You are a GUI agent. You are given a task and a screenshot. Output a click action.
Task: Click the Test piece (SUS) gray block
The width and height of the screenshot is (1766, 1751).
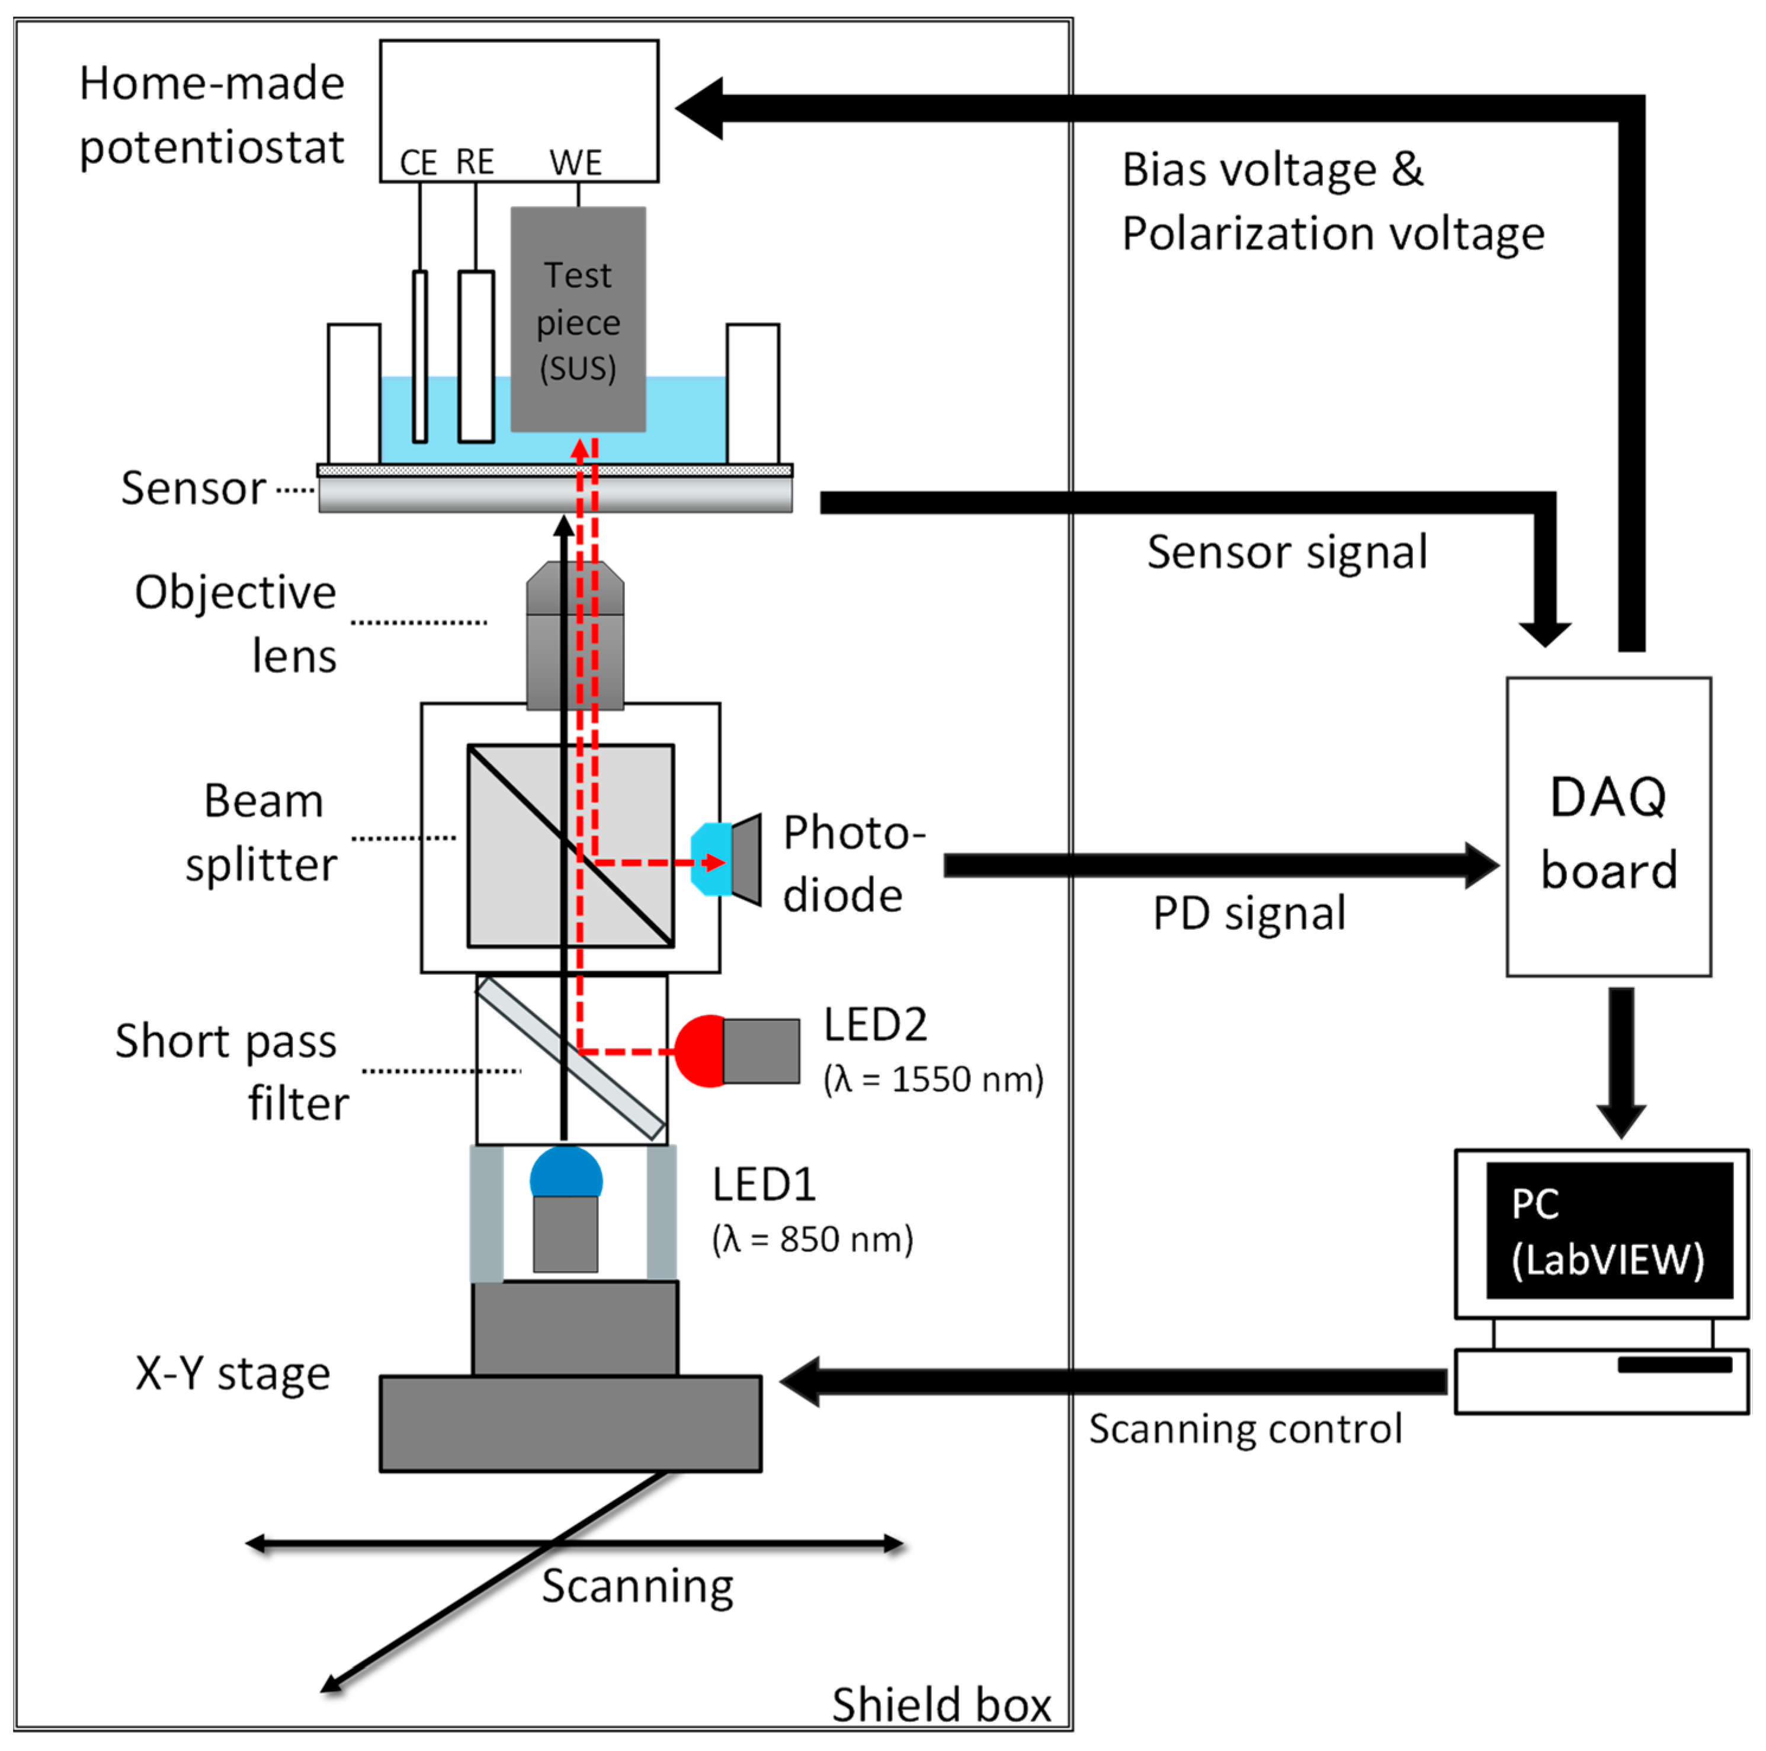click(x=578, y=319)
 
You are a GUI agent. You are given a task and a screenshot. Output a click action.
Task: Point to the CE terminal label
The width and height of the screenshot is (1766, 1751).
click(x=419, y=164)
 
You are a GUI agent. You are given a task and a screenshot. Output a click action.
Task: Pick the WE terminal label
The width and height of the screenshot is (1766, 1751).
click(x=576, y=164)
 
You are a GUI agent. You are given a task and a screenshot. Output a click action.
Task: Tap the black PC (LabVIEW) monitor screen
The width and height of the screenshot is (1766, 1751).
click(x=1609, y=1230)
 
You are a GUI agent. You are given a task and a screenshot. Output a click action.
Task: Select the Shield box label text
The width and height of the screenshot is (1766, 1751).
click(x=941, y=1704)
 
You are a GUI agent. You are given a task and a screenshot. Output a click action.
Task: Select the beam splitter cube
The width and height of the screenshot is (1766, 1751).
click(x=570, y=846)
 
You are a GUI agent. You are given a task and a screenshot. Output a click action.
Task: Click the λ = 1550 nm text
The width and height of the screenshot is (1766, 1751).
click(x=933, y=1079)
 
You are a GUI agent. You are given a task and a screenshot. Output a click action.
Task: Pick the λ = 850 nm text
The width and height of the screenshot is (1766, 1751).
click(x=813, y=1239)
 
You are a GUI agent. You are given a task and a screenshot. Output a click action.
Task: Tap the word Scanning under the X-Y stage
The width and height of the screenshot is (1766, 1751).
click(x=637, y=1586)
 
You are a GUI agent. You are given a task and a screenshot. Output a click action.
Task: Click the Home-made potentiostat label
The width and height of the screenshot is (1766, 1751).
click(x=212, y=115)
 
